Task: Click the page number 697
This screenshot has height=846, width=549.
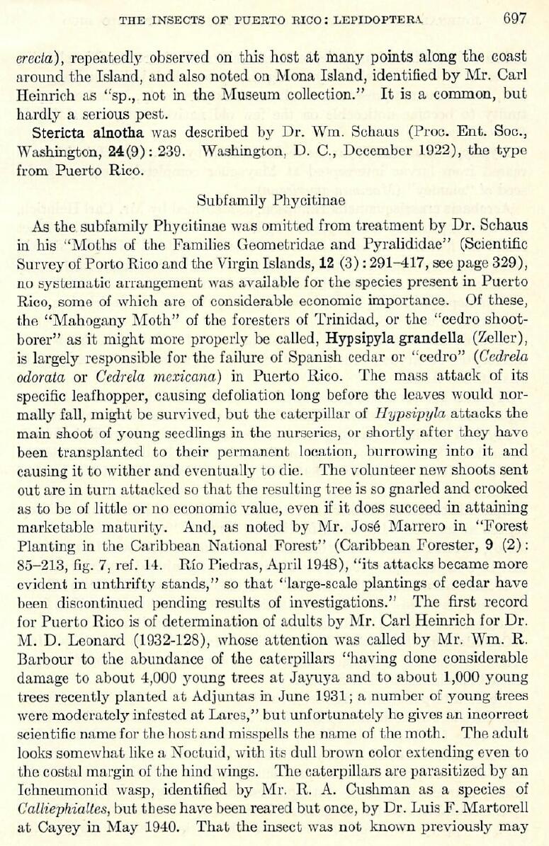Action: coord(515,18)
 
